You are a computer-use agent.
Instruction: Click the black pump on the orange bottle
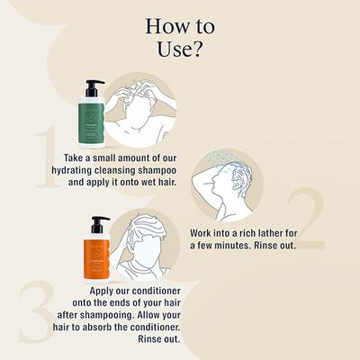(98, 223)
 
